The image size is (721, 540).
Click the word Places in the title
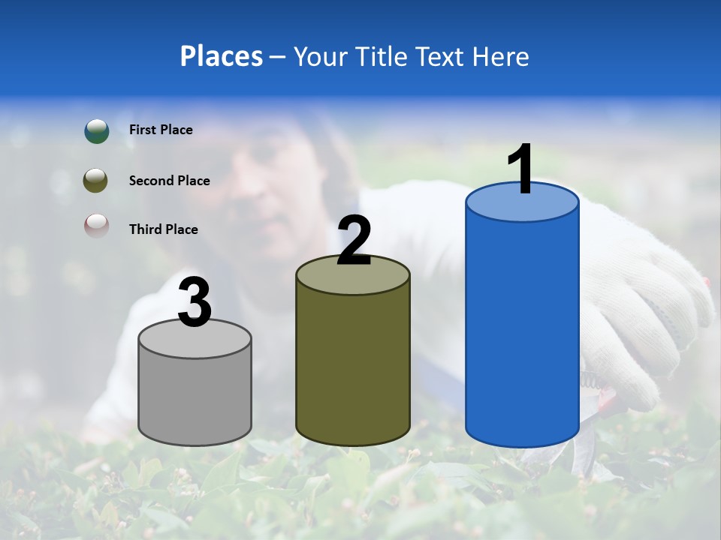[x=222, y=56]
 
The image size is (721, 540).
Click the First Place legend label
[x=161, y=130]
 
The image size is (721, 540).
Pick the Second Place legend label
[x=169, y=181]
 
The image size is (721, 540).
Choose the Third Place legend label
[x=163, y=229]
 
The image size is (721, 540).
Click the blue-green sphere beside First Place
[x=96, y=130]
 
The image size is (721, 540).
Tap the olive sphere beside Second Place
[x=96, y=181]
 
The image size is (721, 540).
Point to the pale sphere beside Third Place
[x=96, y=226]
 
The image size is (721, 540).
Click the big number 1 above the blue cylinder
[x=521, y=169]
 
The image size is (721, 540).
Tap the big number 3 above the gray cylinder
[x=195, y=303]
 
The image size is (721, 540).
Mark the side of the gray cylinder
[x=195, y=397]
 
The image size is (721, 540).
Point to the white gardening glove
[x=646, y=315]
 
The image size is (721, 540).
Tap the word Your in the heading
[x=321, y=56]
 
